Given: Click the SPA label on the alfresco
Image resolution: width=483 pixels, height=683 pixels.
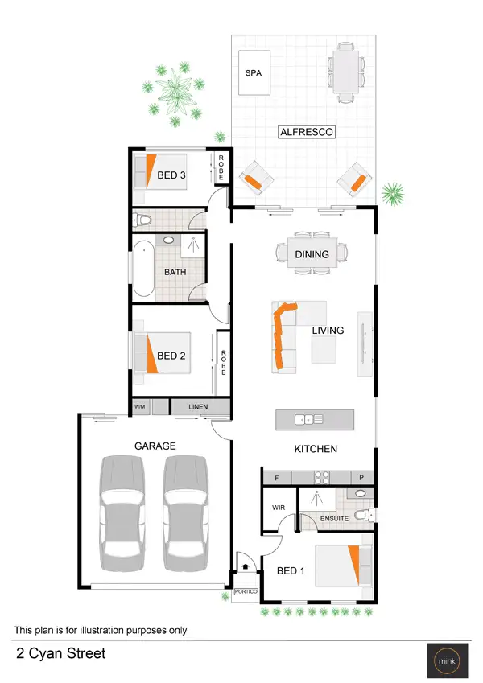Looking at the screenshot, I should [x=254, y=72].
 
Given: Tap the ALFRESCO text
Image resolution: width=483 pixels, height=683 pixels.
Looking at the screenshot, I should [x=307, y=132].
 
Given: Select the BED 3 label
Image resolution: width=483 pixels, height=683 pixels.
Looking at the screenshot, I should [x=171, y=175].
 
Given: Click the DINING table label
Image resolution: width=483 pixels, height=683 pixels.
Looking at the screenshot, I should [x=312, y=254].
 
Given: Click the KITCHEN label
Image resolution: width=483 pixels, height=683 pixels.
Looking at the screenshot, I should [x=316, y=449].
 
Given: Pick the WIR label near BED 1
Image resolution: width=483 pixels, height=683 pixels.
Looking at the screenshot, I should [x=279, y=507].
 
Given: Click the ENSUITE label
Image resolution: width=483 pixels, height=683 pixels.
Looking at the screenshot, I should [x=334, y=519].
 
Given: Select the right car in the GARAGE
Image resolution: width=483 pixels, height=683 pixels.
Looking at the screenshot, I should [x=186, y=513].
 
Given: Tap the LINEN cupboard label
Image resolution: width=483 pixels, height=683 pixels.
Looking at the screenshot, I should [x=198, y=407].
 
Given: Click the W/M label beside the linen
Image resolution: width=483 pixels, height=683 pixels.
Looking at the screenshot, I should [x=140, y=407].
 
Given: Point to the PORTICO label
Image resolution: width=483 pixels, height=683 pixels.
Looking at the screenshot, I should [x=246, y=592].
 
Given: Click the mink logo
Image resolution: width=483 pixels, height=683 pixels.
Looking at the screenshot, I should [x=446, y=660].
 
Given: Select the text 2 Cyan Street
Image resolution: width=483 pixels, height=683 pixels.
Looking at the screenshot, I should [x=60, y=654].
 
